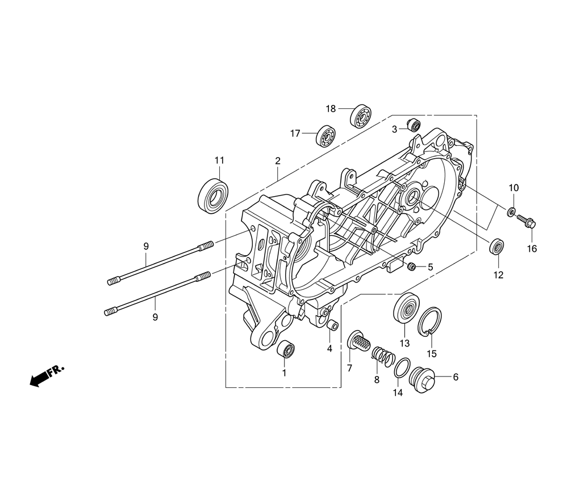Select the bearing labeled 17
click(x=325, y=136)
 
